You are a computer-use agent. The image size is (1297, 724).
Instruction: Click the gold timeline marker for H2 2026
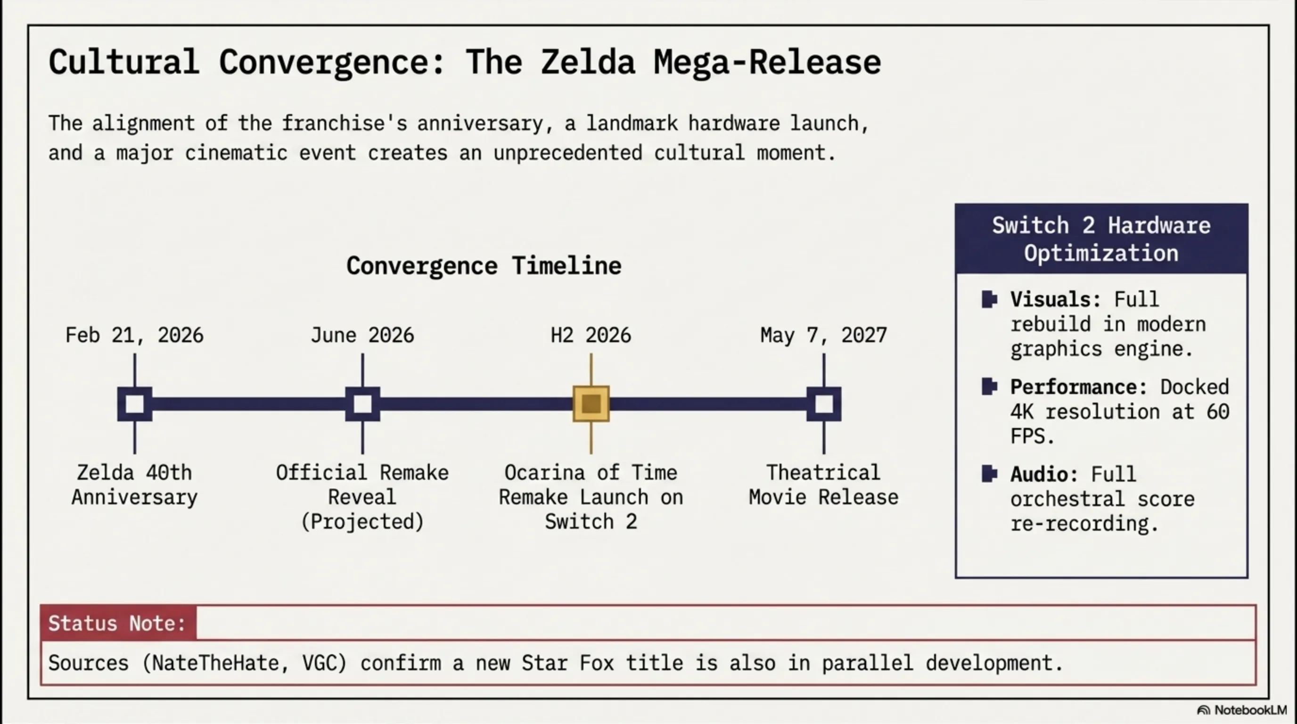[x=591, y=404]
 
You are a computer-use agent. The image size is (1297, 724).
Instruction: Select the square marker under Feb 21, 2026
[x=135, y=404]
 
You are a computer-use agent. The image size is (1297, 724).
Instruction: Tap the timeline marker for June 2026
[x=362, y=404]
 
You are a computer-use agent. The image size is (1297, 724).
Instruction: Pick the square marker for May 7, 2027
[x=824, y=404]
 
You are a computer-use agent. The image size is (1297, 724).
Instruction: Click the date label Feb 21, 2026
[x=134, y=335]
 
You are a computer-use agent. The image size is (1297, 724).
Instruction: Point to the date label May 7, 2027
[x=824, y=335]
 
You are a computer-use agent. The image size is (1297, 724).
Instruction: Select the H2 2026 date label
[x=591, y=335]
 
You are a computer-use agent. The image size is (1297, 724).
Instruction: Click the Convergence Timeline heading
[x=484, y=265]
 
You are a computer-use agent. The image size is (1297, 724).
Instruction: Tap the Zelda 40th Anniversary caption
[x=134, y=485]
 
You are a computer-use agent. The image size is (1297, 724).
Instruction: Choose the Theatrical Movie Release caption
[x=824, y=485]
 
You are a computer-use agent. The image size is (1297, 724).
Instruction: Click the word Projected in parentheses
[x=362, y=522]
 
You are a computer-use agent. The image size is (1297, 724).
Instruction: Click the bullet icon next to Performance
[x=989, y=387]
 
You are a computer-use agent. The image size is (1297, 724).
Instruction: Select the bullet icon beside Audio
[x=989, y=474]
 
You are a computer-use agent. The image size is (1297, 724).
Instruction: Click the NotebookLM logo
[x=1241, y=710]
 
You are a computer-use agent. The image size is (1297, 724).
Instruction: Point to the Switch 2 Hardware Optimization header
[x=1101, y=239]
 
